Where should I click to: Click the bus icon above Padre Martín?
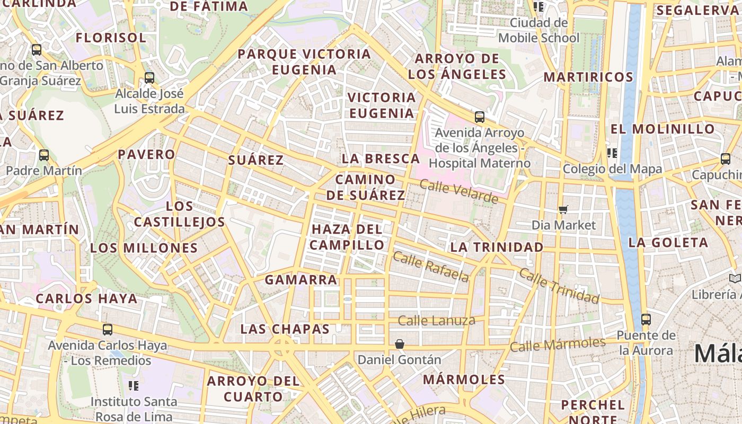[44, 155]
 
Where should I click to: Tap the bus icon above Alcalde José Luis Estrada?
[149, 78]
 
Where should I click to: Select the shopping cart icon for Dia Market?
[563, 209]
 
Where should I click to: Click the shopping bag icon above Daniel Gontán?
[400, 344]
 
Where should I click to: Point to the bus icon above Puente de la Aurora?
[646, 320]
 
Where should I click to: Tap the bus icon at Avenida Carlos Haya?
[108, 330]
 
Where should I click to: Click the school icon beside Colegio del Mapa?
[612, 153]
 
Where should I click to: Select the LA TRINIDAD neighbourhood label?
[497, 247]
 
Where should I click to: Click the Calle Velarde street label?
[459, 191]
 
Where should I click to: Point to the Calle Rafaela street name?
[431, 267]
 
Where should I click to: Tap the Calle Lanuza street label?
[436, 320]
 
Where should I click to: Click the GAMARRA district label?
[301, 279]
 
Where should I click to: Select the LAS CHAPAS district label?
[285, 329]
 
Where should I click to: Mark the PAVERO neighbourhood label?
[146, 154]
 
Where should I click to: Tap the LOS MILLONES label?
[144, 248]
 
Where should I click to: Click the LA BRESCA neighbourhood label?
[381, 158]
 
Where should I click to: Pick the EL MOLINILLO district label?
[662, 129]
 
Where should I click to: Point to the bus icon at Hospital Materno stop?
[480, 117]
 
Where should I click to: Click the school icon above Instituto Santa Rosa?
[134, 385]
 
